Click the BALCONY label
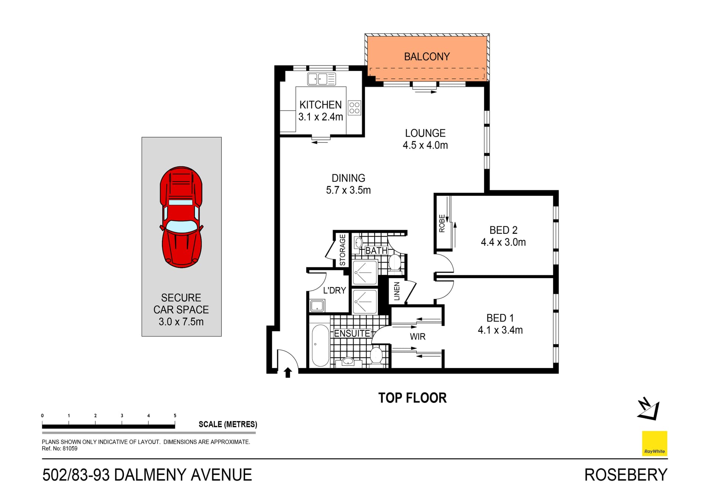coord(427,57)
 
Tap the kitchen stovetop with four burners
coord(354,108)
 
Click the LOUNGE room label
coord(425,133)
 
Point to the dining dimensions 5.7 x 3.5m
coord(348,190)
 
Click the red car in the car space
coord(181,217)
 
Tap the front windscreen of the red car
coord(181,226)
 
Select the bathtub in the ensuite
coord(320,346)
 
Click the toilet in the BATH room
coord(395,262)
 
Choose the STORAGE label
coord(342,250)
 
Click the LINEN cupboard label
coord(397,291)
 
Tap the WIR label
coord(417,337)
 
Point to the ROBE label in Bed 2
coord(442,223)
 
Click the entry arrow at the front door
coord(288,372)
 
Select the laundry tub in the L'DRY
coord(317,306)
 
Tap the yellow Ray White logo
coord(654,443)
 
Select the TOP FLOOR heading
coord(412,398)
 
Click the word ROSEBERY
coord(626,475)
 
